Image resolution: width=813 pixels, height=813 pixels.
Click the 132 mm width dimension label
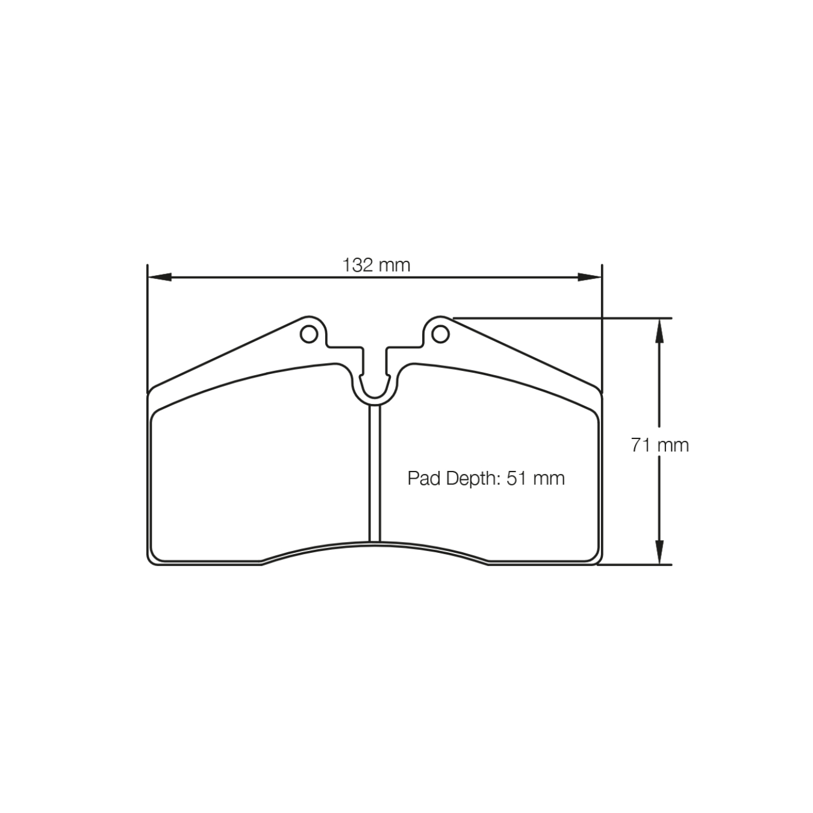376,265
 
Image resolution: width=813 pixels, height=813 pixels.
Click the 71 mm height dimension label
659,445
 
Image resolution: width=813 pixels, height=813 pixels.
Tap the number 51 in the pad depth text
516,478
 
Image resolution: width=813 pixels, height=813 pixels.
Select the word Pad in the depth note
424,478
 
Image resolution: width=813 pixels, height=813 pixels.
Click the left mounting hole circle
309,334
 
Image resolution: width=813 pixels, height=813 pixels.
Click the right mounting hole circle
441,334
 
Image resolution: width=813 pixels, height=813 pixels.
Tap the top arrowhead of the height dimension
659,329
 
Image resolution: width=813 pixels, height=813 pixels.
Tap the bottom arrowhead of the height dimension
659,553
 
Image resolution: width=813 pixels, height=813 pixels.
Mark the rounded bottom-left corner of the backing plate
152,559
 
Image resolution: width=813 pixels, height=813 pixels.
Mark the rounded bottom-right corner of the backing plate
597,559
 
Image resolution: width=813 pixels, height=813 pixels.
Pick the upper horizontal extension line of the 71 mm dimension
560,317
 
